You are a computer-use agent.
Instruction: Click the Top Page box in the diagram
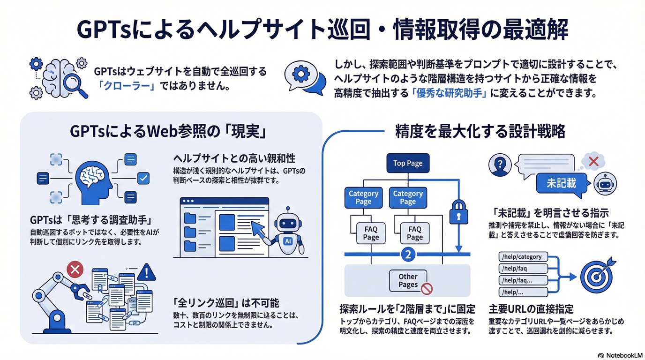tap(407, 163)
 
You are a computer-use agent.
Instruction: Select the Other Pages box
tap(408, 280)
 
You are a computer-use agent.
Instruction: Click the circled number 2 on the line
tap(408, 255)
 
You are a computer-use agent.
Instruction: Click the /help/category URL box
tap(522, 257)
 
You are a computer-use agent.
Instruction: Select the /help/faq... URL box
tap(522, 280)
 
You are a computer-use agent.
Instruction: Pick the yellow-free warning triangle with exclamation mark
tap(147, 271)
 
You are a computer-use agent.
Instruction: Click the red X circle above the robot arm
tap(75, 270)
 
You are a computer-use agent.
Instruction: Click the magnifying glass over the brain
tap(75, 84)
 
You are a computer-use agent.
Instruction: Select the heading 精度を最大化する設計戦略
tap(480, 131)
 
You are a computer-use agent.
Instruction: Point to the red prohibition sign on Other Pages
tap(427, 289)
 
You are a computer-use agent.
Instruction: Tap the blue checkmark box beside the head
tap(143, 178)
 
